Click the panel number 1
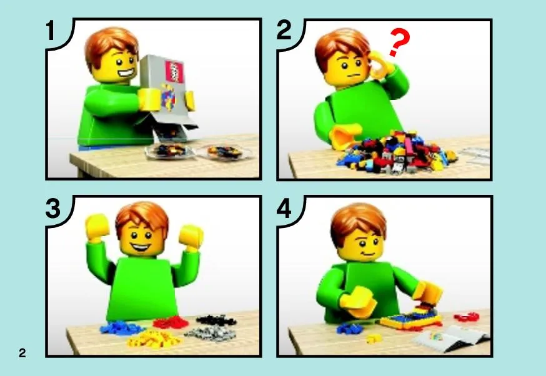click(51, 30)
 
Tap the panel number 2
click(284, 30)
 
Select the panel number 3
click(53, 209)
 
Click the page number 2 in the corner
click(22, 353)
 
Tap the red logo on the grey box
click(174, 71)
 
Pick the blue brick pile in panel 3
click(121, 328)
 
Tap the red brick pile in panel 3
click(171, 322)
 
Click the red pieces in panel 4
click(467, 317)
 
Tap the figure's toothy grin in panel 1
click(126, 74)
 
